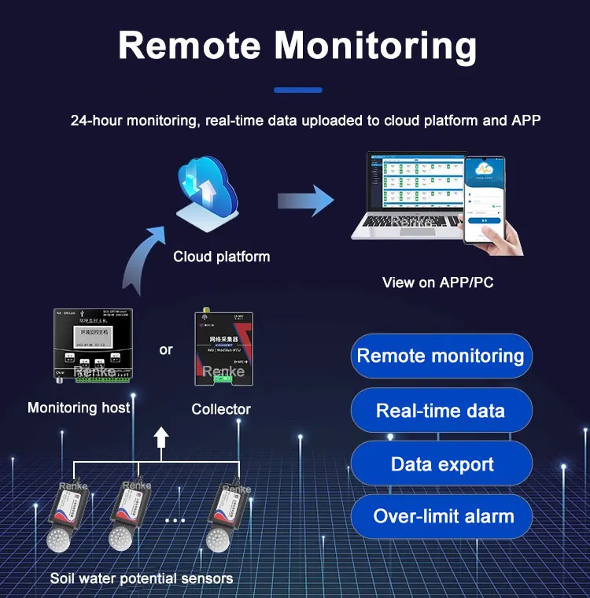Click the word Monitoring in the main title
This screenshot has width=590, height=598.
click(375, 46)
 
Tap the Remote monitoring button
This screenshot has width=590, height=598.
click(441, 356)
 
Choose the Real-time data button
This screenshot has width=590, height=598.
click(441, 410)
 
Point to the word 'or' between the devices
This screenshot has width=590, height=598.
click(166, 349)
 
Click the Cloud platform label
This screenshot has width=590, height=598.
click(221, 257)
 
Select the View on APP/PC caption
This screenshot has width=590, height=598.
click(437, 282)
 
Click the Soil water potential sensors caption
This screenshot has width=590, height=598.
click(142, 578)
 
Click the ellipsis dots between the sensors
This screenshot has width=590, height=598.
click(175, 521)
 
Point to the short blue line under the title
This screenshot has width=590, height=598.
click(297, 90)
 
